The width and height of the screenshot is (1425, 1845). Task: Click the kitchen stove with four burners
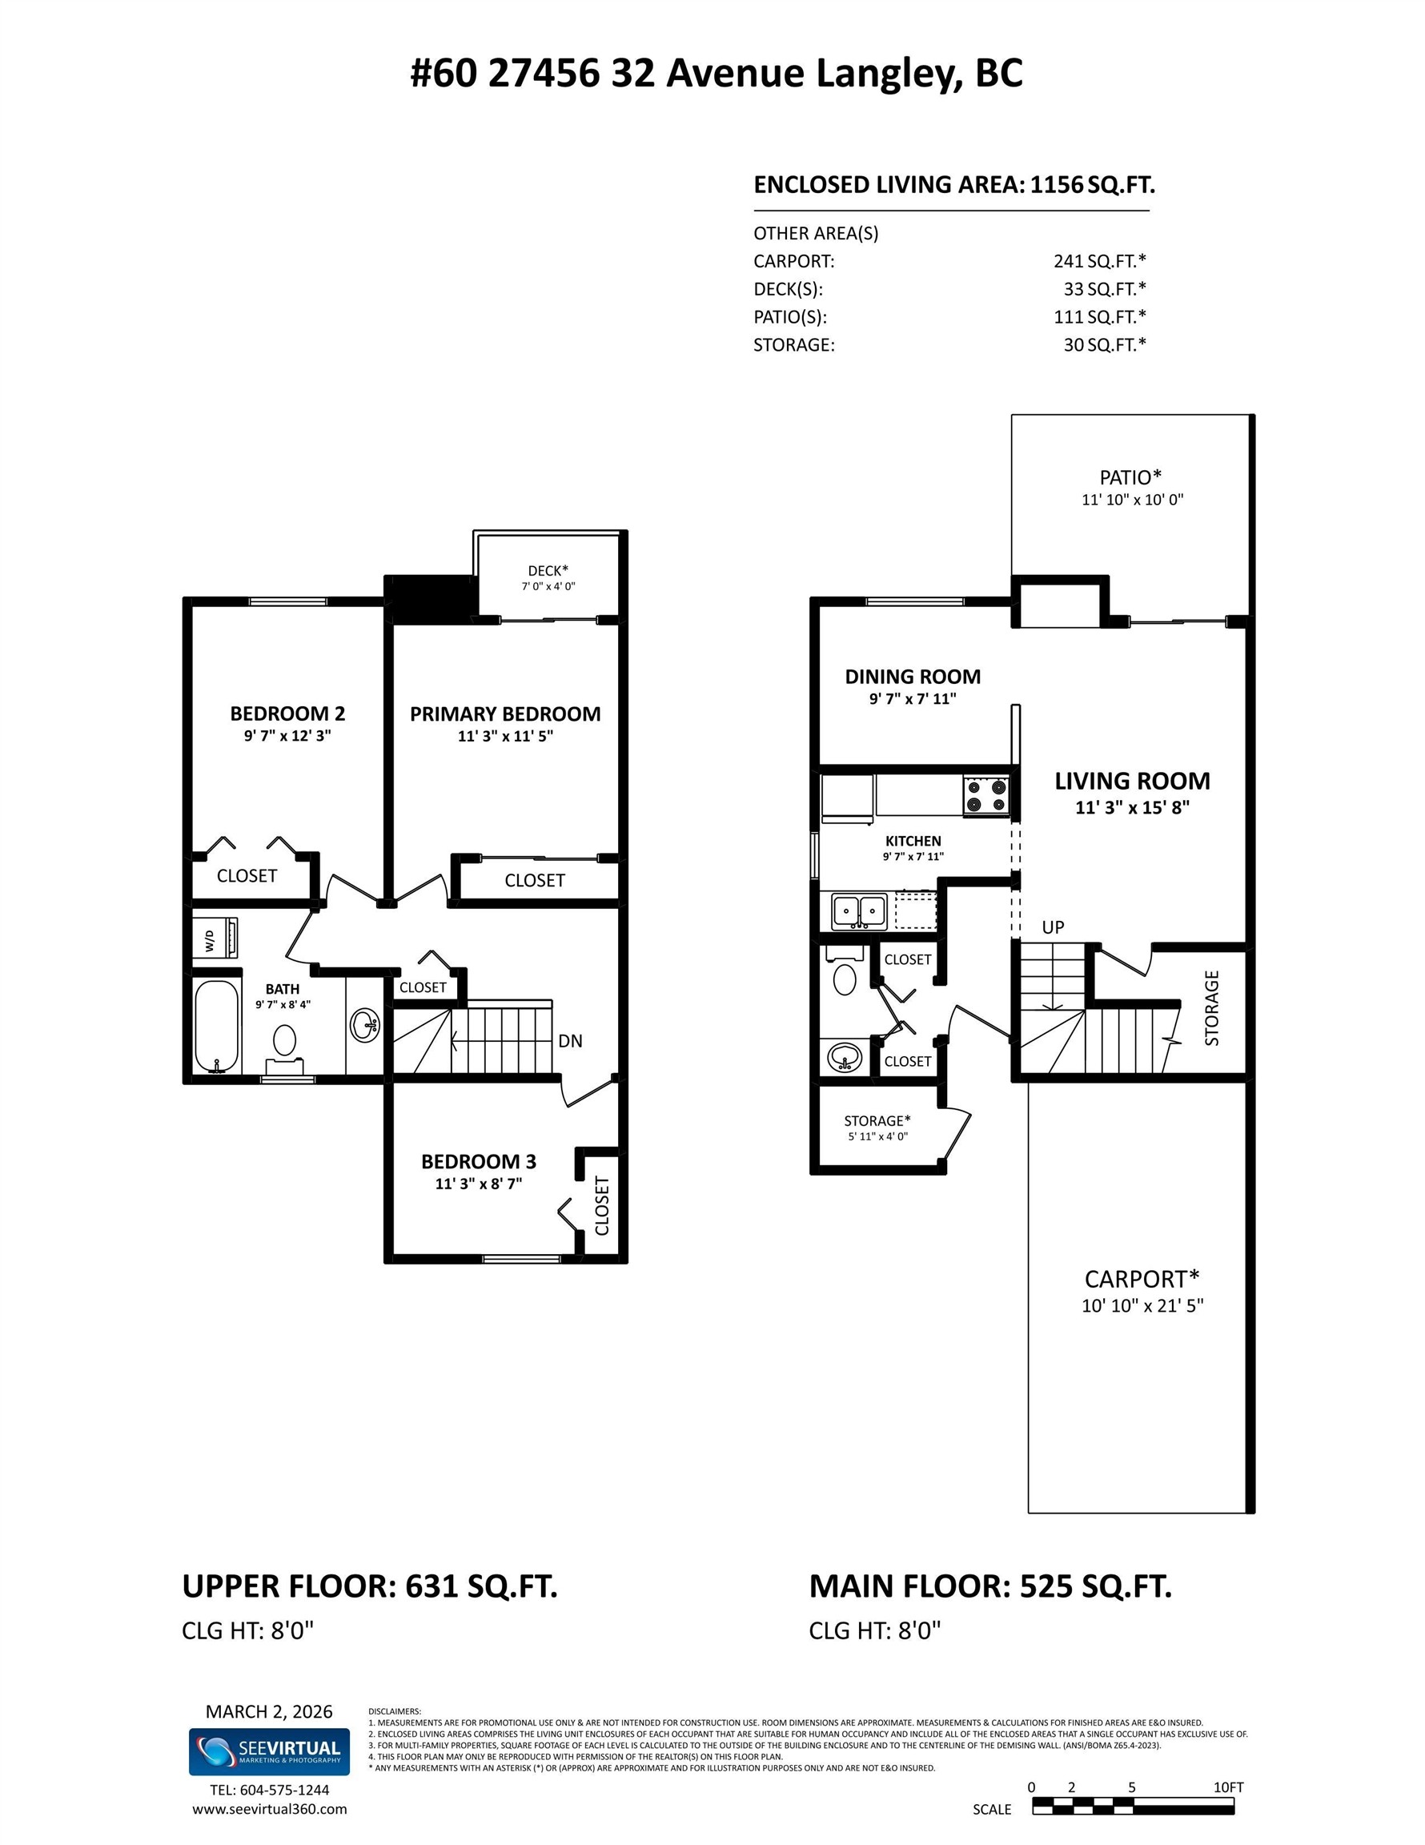986,796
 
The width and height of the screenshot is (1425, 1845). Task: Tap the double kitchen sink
859,911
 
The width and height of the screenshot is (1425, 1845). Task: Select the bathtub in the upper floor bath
217,1026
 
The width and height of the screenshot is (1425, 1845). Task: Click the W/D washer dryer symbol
215,938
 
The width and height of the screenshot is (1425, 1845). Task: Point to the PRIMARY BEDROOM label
505,713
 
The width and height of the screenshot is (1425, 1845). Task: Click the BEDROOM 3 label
479,1162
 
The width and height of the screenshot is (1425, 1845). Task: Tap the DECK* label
548,571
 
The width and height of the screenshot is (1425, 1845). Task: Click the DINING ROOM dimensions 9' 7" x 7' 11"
913,699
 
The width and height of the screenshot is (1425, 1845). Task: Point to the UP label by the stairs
1053,927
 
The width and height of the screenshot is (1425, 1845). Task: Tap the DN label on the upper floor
570,1041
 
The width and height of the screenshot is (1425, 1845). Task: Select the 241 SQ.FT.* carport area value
1100,261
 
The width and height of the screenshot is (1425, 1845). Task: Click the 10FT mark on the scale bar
1229,1787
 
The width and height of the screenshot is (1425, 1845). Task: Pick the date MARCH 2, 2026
270,1711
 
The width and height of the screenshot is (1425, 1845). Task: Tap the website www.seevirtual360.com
270,1810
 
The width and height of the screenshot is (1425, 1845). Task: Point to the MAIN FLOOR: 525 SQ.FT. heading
991,1586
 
